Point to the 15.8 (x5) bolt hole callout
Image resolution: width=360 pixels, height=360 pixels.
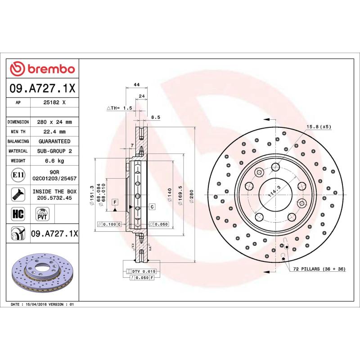pos(319,126)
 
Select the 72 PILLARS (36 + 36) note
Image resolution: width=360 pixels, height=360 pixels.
pos(319,269)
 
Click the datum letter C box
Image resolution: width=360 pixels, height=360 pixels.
pos(152,207)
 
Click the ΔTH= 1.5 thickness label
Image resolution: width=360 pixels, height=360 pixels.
pos(119,108)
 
